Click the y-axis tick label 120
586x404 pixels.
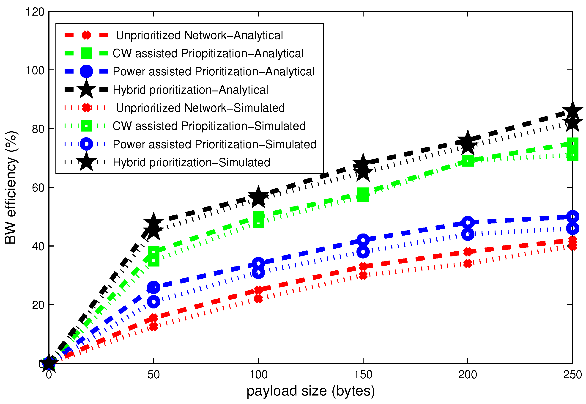pyautogui.click(x=35, y=12)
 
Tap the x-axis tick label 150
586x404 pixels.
pyautogui.click(x=363, y=375)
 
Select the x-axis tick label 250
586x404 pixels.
pyautogui.click(x=572, y=375)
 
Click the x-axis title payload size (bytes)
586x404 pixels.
pyautogui.click(x=310, y=391)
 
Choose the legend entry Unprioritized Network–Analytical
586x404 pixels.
pyautogui.click(x=199, y=35)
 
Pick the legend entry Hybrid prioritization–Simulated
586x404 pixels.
pyautogui.click(x=191, y=162)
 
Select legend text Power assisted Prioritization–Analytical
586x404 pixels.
pyautogui.click(x=213, y=72)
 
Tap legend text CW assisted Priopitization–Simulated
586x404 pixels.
pyautogui.click(x=209, y=126)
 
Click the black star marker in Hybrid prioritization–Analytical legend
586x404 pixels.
pyautogui.click(x=86, y=89)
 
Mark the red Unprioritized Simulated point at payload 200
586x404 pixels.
pyautogui.click(x=468, y=264)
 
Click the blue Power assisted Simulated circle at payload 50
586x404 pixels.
pyautogui.click(x=153, y=302)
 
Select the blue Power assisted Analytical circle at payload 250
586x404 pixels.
pyautogui.click(x=572, y=217)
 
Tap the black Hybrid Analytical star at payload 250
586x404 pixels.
pyautogui.click(x=572, y=112)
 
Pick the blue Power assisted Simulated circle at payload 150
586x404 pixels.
pyautogui.click(x=363, y=252)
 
